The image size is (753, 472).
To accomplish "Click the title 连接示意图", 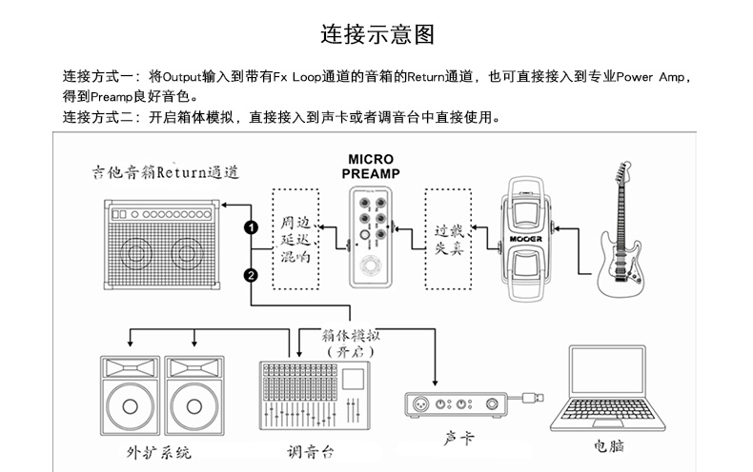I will [376, 35].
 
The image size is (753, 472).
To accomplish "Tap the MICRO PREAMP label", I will [371, 167].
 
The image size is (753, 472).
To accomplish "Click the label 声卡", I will [458, 439].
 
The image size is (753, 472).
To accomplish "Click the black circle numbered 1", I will [251, 227].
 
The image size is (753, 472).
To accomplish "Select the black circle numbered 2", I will [251, 276].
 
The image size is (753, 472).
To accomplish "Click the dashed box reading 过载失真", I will [449, 237].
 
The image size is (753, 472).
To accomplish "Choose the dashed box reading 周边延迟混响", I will [295, 238].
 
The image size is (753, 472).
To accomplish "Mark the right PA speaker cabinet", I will [194, 396].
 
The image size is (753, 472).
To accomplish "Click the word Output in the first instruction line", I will [179, 75].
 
